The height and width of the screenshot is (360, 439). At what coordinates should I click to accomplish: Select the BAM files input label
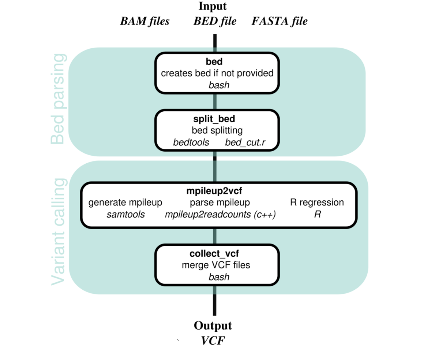(x=145, y=22)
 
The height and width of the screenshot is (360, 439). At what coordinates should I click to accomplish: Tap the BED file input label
(x=214, y=22)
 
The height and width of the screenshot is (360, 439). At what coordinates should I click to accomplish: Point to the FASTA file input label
(x=279, y=22)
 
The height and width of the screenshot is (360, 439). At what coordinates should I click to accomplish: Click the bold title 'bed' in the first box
(x=217, y=62)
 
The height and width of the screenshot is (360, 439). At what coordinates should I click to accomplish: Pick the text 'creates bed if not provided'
(x=217, y=73)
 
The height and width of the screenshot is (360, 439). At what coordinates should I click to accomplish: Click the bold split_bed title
(x=217, y=120)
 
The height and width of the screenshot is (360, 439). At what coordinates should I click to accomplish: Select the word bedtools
(x=191, y=142)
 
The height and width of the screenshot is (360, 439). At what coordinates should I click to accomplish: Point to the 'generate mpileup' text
(x=125, y=203)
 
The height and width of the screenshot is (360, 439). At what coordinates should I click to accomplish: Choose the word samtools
(x=125, y=215)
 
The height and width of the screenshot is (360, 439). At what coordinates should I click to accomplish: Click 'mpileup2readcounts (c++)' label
(x=220, y=215)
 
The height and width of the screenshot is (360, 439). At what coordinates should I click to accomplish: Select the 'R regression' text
(x=317, y=203)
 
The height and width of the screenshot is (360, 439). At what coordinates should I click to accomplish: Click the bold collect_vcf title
(x=217, y=253)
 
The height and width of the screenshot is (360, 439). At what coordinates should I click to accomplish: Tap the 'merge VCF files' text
(x=217, y=265)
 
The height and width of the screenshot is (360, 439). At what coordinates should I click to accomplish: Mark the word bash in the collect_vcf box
(x=219, y=277)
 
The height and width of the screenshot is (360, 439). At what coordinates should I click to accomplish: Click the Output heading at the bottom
(x=213, y=326)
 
